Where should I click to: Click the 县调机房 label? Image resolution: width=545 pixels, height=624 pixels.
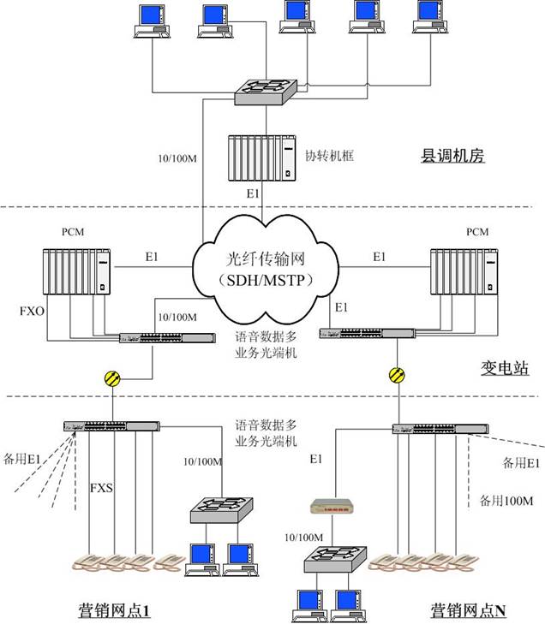453,157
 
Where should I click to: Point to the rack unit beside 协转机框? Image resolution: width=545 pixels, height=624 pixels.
261,157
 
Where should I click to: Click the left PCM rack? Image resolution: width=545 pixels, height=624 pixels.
78,271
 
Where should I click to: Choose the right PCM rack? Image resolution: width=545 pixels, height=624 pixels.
464,271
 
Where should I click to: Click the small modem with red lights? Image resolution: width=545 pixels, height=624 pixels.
332,508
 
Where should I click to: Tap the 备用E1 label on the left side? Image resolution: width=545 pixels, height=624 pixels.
20,459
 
